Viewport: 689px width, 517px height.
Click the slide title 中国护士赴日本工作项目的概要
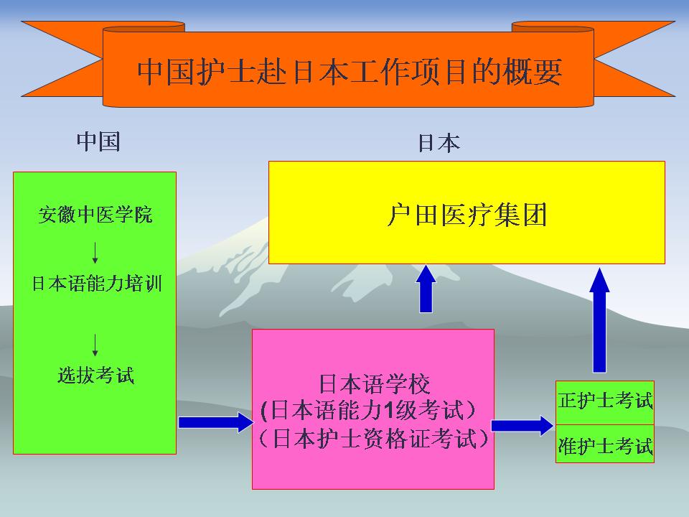point(350,73)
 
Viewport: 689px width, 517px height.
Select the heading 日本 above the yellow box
point(439,144)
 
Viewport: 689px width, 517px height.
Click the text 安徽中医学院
point(95,215)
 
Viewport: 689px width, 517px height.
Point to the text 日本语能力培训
point(96,284)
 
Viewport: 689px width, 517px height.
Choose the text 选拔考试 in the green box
point(95,375)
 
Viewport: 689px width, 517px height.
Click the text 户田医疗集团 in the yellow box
point(467,215)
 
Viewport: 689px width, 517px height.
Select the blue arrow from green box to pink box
point(212,422)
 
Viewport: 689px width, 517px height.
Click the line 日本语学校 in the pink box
point(374,385)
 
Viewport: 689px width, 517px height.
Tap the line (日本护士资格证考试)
point(373,439)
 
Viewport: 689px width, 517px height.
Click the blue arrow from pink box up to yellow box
point(426,289)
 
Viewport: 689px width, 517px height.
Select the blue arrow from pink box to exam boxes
point(523,425)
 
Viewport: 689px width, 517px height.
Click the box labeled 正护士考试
point(605,401)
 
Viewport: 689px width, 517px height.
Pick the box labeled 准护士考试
point(605,446)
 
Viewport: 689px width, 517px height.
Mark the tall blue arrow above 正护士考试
point(599,319)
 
